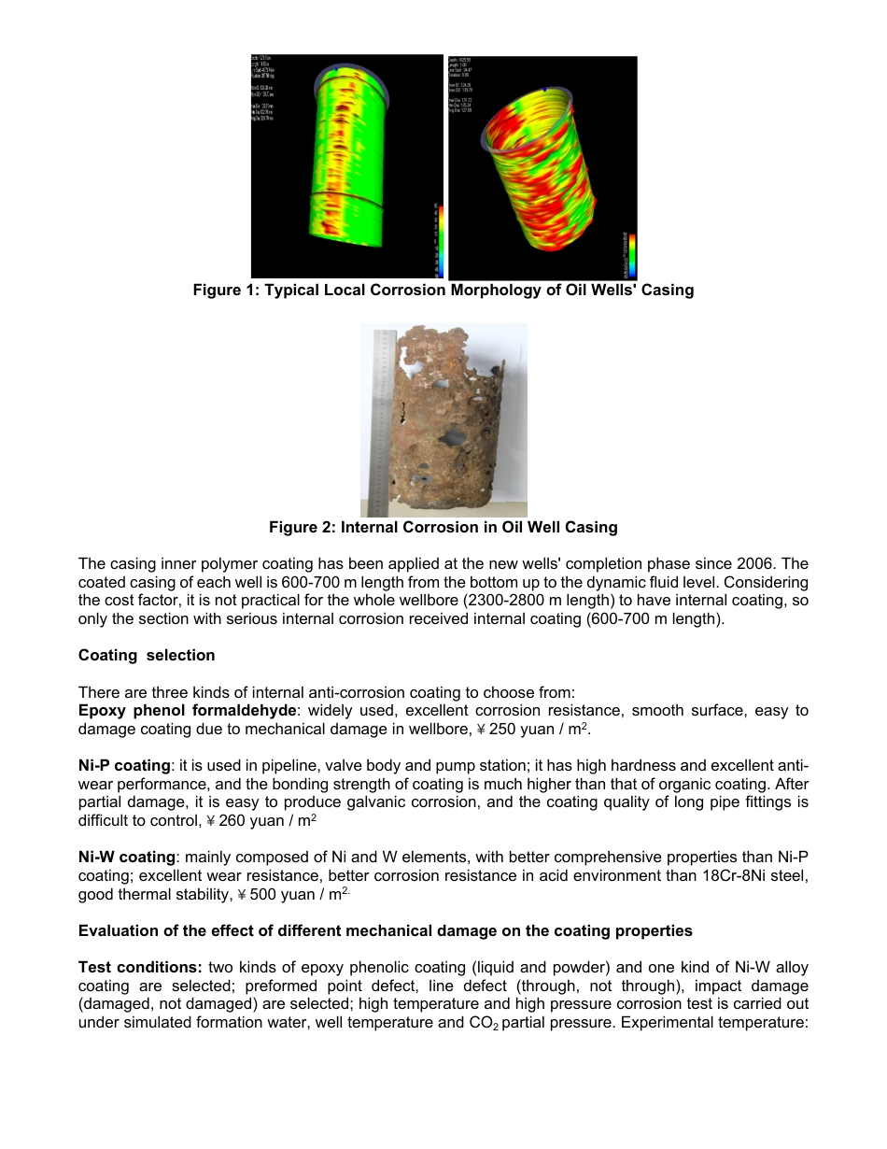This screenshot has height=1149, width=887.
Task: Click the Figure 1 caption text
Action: [443, 291]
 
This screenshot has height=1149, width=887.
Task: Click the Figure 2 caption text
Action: [443, 528]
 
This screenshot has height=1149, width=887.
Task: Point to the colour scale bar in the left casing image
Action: [437, 238]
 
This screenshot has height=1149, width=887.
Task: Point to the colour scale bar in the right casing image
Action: [632, 254]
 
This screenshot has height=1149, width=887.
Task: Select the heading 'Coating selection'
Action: [147, 656]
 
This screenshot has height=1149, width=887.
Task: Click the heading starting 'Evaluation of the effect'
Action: [385, 931]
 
